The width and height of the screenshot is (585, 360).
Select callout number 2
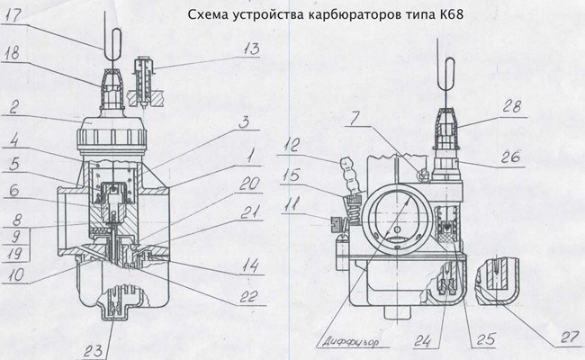[15, 106]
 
